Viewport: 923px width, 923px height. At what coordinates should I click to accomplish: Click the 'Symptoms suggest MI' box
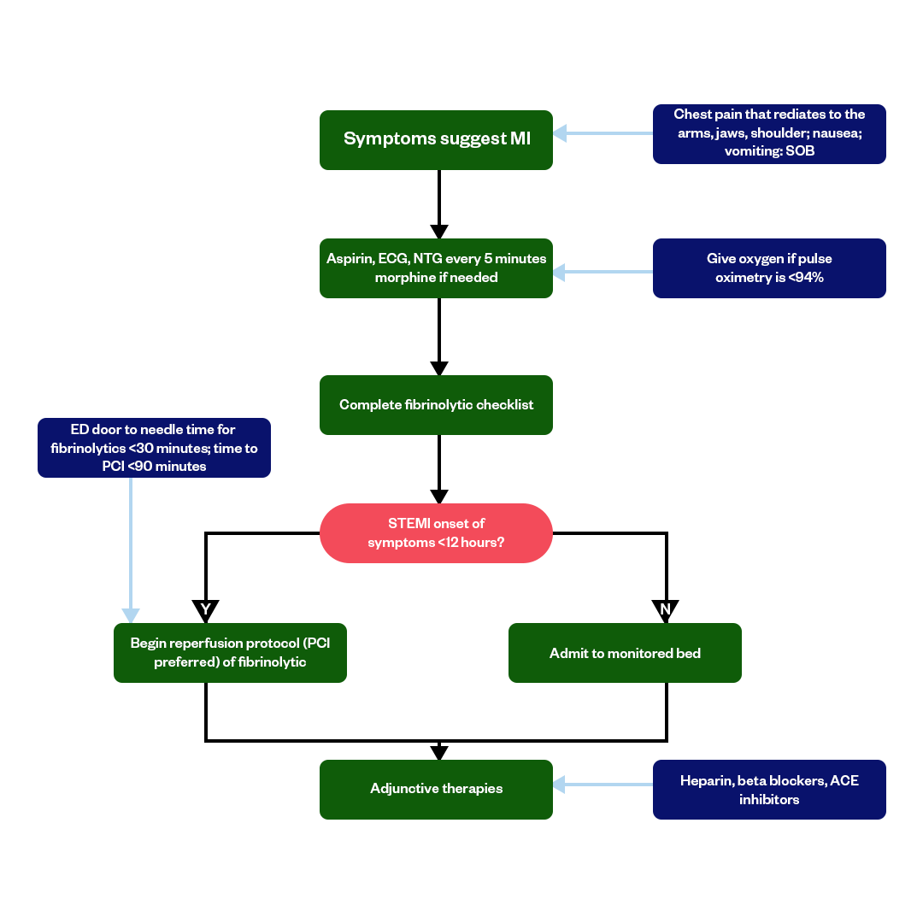[436, 139]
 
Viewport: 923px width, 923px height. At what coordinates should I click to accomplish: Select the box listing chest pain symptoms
[769, 133]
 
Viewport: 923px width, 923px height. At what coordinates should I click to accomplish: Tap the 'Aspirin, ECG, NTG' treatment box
[436, 267]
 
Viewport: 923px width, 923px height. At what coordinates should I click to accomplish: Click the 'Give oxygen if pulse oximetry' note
[769, 267]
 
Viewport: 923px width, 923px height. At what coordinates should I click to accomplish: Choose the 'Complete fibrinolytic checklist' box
[436, 404]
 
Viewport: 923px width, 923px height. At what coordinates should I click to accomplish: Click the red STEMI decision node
[436, 533]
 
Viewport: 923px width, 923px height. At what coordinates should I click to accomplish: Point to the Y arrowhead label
[206, 609]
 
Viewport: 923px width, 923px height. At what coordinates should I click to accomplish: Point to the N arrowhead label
[666, 609]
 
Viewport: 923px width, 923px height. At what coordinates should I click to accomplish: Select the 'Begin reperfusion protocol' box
[230, 652]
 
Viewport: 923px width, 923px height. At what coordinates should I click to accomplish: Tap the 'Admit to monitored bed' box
[625, 653]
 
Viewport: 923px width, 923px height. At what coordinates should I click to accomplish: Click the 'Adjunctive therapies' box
[436, 789]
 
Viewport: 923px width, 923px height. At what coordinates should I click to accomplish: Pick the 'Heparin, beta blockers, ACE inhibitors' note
[769, 790]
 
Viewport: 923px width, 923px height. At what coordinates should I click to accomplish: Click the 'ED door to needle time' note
[154, 447]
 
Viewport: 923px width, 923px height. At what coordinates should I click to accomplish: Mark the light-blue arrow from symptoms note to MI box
[603, 133]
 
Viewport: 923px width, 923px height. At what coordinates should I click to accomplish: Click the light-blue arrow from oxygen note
[603, 272]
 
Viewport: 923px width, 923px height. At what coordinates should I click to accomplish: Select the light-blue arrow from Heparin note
[603, 783]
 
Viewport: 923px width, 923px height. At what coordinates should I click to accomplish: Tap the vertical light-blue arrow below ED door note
[131, 547]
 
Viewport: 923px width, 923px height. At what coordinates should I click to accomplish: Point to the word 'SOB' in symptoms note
[800, 151]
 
